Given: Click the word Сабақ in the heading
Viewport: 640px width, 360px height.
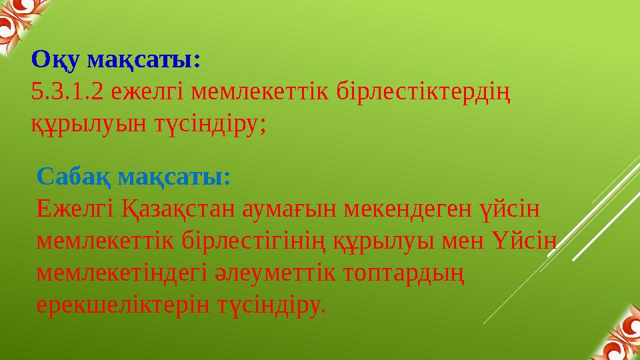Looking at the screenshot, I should point(73,177).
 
